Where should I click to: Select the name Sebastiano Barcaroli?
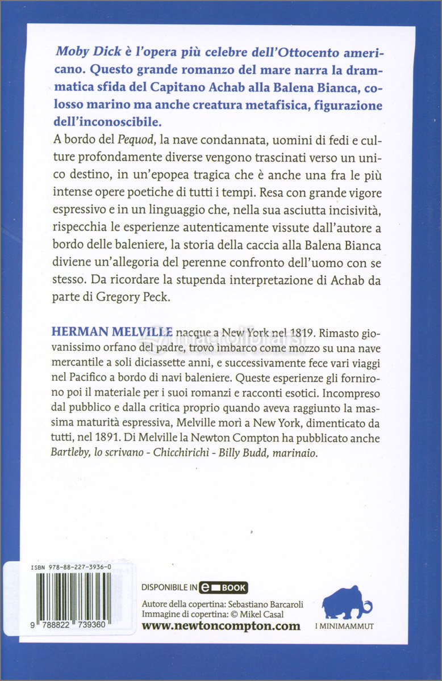(271, 603)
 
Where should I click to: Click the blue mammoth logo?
(347, 600)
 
